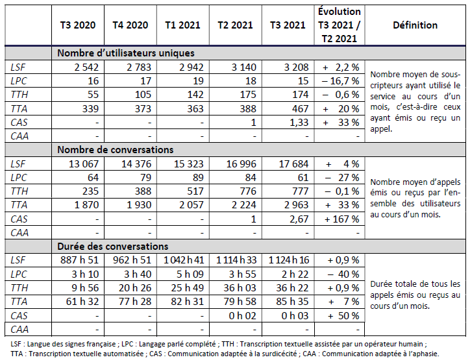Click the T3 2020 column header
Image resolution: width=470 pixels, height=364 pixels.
(x=78, y=25)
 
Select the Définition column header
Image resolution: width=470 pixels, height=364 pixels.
(x=415, y=25)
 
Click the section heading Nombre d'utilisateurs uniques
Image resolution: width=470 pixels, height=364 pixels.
(x=126, y=53)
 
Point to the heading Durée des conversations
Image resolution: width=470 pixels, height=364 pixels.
(x=113, y=247)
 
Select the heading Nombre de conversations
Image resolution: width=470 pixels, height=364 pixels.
(x=116, y=150)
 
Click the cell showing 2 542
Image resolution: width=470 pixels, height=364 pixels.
(x=78, y=67)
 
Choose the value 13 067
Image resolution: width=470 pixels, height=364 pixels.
(x=78, y=164)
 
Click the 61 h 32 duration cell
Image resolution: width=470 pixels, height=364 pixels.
(x=78, y=302)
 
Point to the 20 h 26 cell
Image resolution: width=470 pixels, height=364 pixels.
(x=130, y=288)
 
